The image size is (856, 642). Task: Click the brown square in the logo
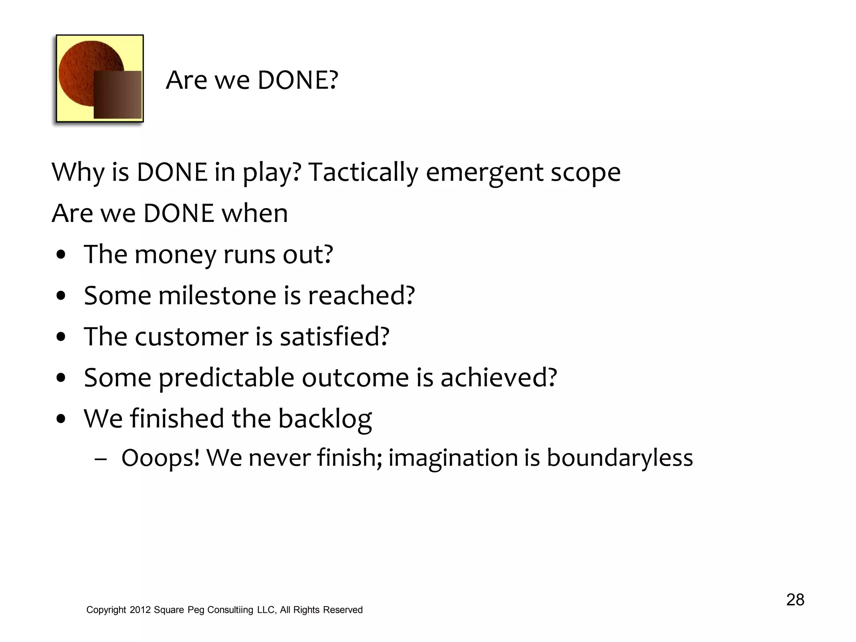pyautogui.click(x=117, y=94)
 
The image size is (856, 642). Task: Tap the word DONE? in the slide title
pyautogui.click(x=298, y=80)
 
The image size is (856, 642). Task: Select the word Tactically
pyautogui.click(x=363, y=172)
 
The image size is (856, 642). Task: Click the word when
pyautogui.click(x=255, y=213)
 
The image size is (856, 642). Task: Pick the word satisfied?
pyautogui.click(x=334, y=336)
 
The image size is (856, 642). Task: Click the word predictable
pyautogui.click(x=226, y=378)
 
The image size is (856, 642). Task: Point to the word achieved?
pyautogui.click(x=499, y=377)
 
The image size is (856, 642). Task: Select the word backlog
pyautogui.click(x=325, y=419)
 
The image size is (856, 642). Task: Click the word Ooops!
pyautogui.click(x=160, y=458)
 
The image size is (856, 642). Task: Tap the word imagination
pyautogui.click(x=453, y=458)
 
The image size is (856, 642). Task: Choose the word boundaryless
pyautogui.click(x=620, y=458)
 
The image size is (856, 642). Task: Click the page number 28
pyautogui.click(x=795, y=600)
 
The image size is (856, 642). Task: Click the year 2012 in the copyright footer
pyautogui.click(x=140, y=610)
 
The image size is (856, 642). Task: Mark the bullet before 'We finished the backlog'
pyautogui.click(x=61, y=419)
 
